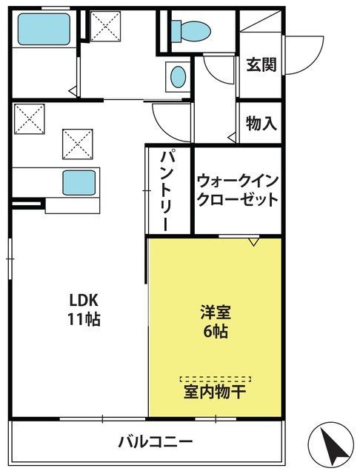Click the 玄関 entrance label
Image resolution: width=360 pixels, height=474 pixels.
point(261,64)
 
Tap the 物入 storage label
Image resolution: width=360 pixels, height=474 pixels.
point(261,123)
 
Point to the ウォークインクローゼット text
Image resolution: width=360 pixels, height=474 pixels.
point(238,190)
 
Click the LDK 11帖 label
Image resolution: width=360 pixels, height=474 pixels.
point(84,310)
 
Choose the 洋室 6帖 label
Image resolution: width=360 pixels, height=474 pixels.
point(216,321)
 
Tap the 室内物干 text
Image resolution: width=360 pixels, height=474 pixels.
point(215,392)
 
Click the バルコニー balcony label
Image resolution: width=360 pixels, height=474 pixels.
point(155,441)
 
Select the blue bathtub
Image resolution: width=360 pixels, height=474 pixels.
point(44,30)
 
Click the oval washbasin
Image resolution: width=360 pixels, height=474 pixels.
point(178,77)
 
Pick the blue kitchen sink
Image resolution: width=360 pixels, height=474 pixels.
point(79,183)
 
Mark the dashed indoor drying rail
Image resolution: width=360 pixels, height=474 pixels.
point(216,378)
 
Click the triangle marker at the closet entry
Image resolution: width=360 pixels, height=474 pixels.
point(253,241)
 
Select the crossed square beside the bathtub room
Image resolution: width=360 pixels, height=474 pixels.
point(105,26)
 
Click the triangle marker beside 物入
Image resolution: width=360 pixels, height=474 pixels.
point(232,138)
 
